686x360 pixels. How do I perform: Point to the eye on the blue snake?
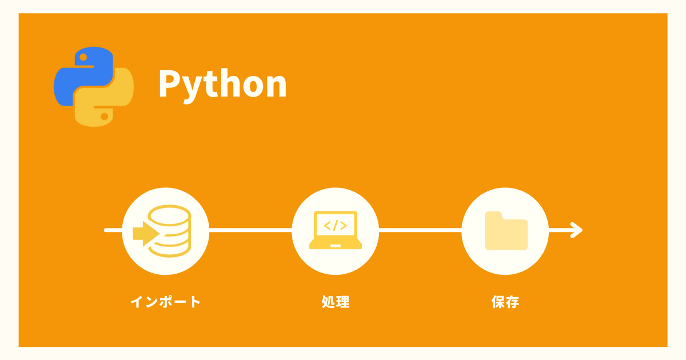83,57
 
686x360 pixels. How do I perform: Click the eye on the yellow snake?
105,117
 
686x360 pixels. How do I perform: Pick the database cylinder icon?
169,231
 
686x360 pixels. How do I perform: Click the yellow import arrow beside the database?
146,234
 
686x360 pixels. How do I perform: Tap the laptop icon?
336,230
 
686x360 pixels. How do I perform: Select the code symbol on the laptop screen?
336,226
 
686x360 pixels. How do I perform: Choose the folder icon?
506,231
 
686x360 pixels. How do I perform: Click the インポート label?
166,302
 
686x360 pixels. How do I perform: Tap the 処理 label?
336,302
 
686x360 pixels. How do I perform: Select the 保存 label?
505,302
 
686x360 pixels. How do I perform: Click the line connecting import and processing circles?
250,230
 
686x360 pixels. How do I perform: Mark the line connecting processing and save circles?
420,230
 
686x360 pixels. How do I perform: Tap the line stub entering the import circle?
113,230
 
